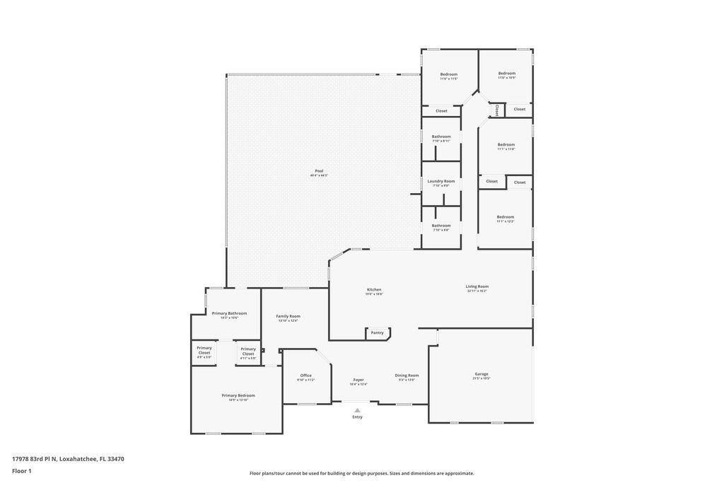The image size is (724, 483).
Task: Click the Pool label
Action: pos(319,170)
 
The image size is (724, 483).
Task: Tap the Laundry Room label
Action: pos(441,181)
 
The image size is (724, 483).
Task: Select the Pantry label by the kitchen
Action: pos(377,332)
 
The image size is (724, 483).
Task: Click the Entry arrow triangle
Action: pos(357,409)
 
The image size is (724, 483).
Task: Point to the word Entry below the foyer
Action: pos(357,417)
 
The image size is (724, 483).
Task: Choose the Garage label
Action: pos(481,374)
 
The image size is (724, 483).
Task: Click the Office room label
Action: pos(305,376)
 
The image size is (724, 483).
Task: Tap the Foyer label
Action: pos(358,380)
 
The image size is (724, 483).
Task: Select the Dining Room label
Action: pos(407,376)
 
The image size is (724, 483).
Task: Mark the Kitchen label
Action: pos(374,289)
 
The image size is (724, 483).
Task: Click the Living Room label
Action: pos(477,286)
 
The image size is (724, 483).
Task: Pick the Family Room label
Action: pos(288,316)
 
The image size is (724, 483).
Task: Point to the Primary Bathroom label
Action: pos(229,313)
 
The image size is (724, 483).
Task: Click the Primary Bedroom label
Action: pos(238,395)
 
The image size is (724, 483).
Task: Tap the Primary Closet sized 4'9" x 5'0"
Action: pos(204,350)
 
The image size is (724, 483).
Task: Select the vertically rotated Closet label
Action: pos(497,110)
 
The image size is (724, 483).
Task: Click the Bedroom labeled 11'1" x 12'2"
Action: pos(505,217)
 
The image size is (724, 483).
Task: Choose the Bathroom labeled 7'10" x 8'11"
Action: pos(441,136)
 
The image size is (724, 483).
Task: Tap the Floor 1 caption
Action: pos(22,470)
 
